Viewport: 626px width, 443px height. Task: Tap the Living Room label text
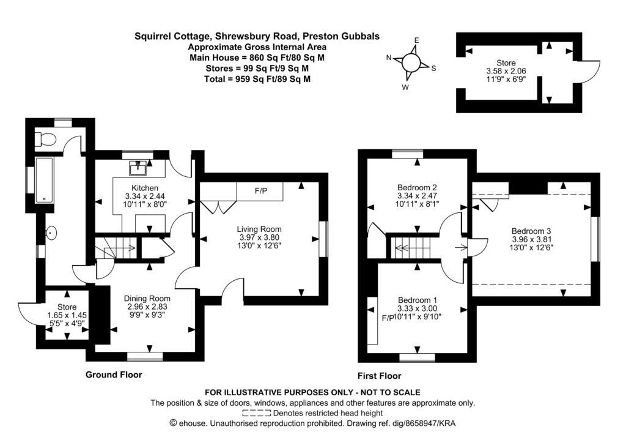[259, 229]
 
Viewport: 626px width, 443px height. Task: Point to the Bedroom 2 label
[417, 187]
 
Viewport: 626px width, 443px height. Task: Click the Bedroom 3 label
[531, 231]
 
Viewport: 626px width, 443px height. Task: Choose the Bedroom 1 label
[418, 300]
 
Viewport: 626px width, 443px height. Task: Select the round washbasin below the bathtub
[52, 233]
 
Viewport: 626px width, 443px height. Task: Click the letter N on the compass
[389, 58]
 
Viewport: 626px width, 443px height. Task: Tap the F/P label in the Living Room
[260, 192]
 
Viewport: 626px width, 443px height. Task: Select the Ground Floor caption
[114, 374]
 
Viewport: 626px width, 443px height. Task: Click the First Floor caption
[379, 376]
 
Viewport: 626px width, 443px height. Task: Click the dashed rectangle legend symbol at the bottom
[256, 413]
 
